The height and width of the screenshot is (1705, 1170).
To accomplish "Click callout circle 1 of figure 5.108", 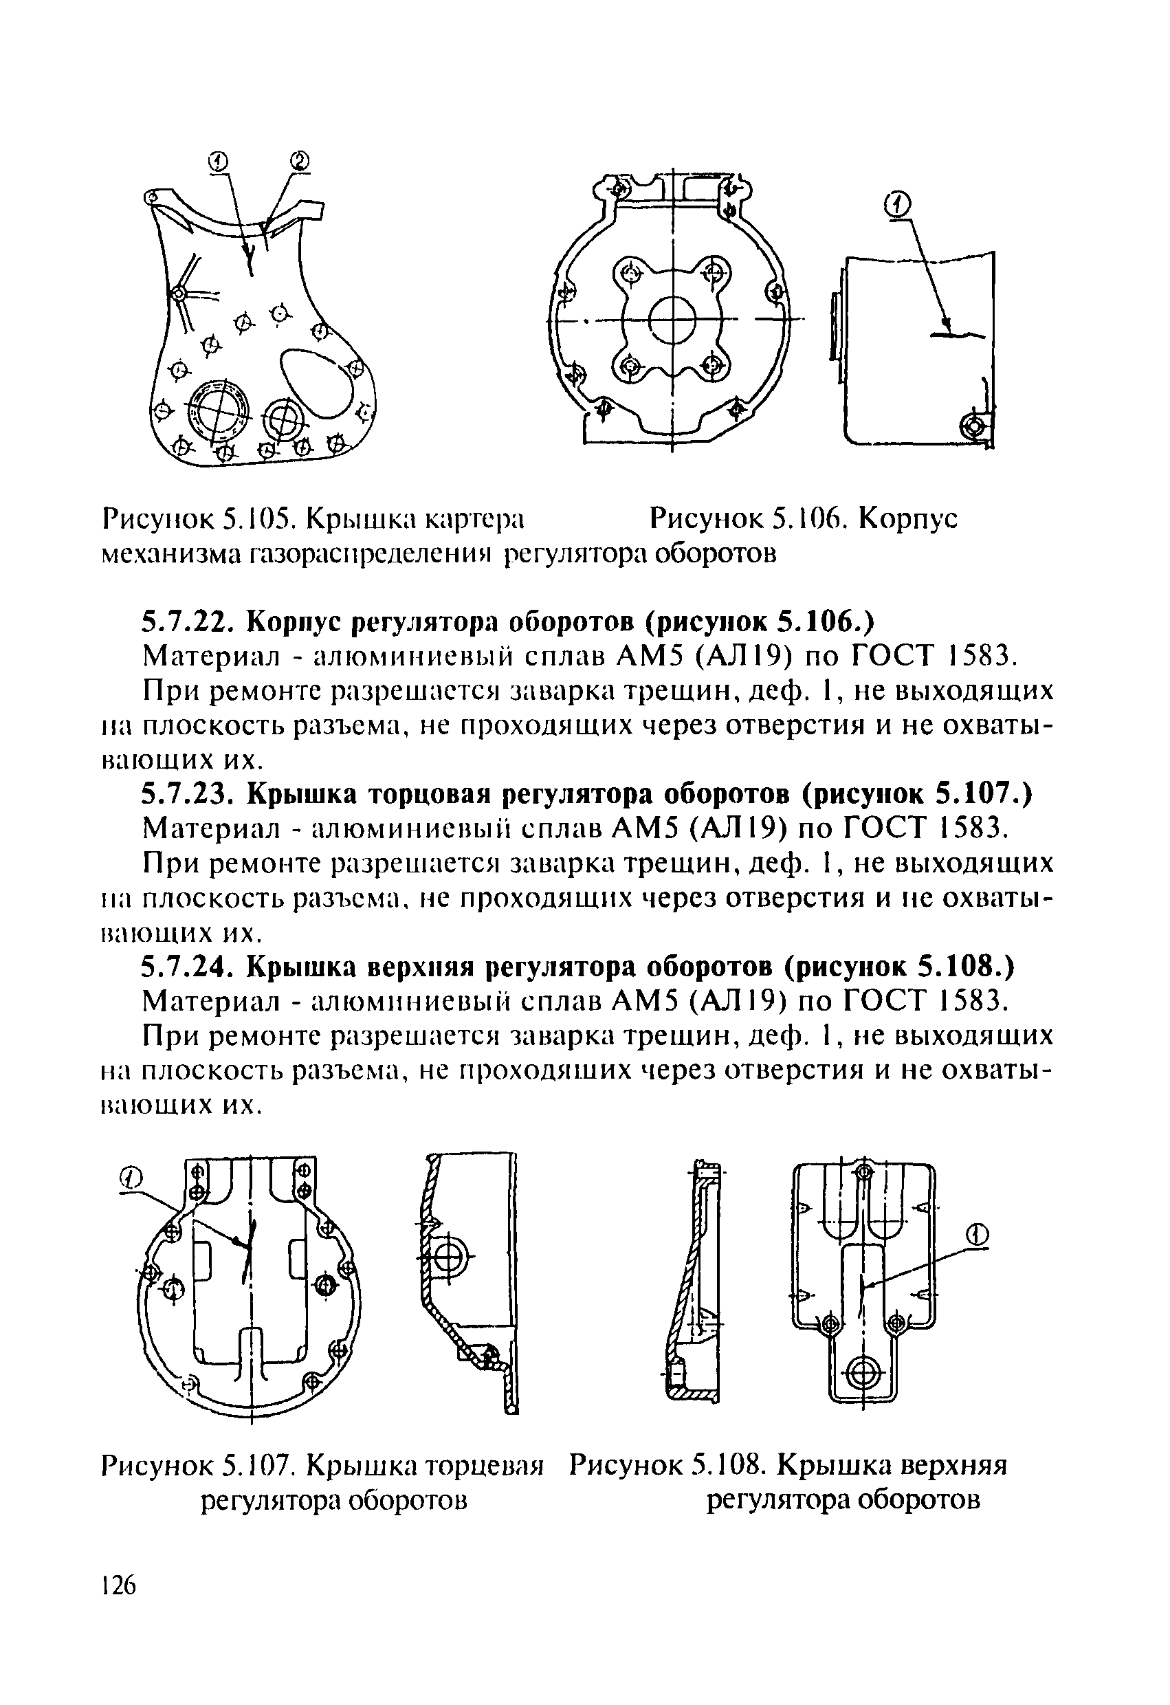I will [x=976, y=1235].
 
